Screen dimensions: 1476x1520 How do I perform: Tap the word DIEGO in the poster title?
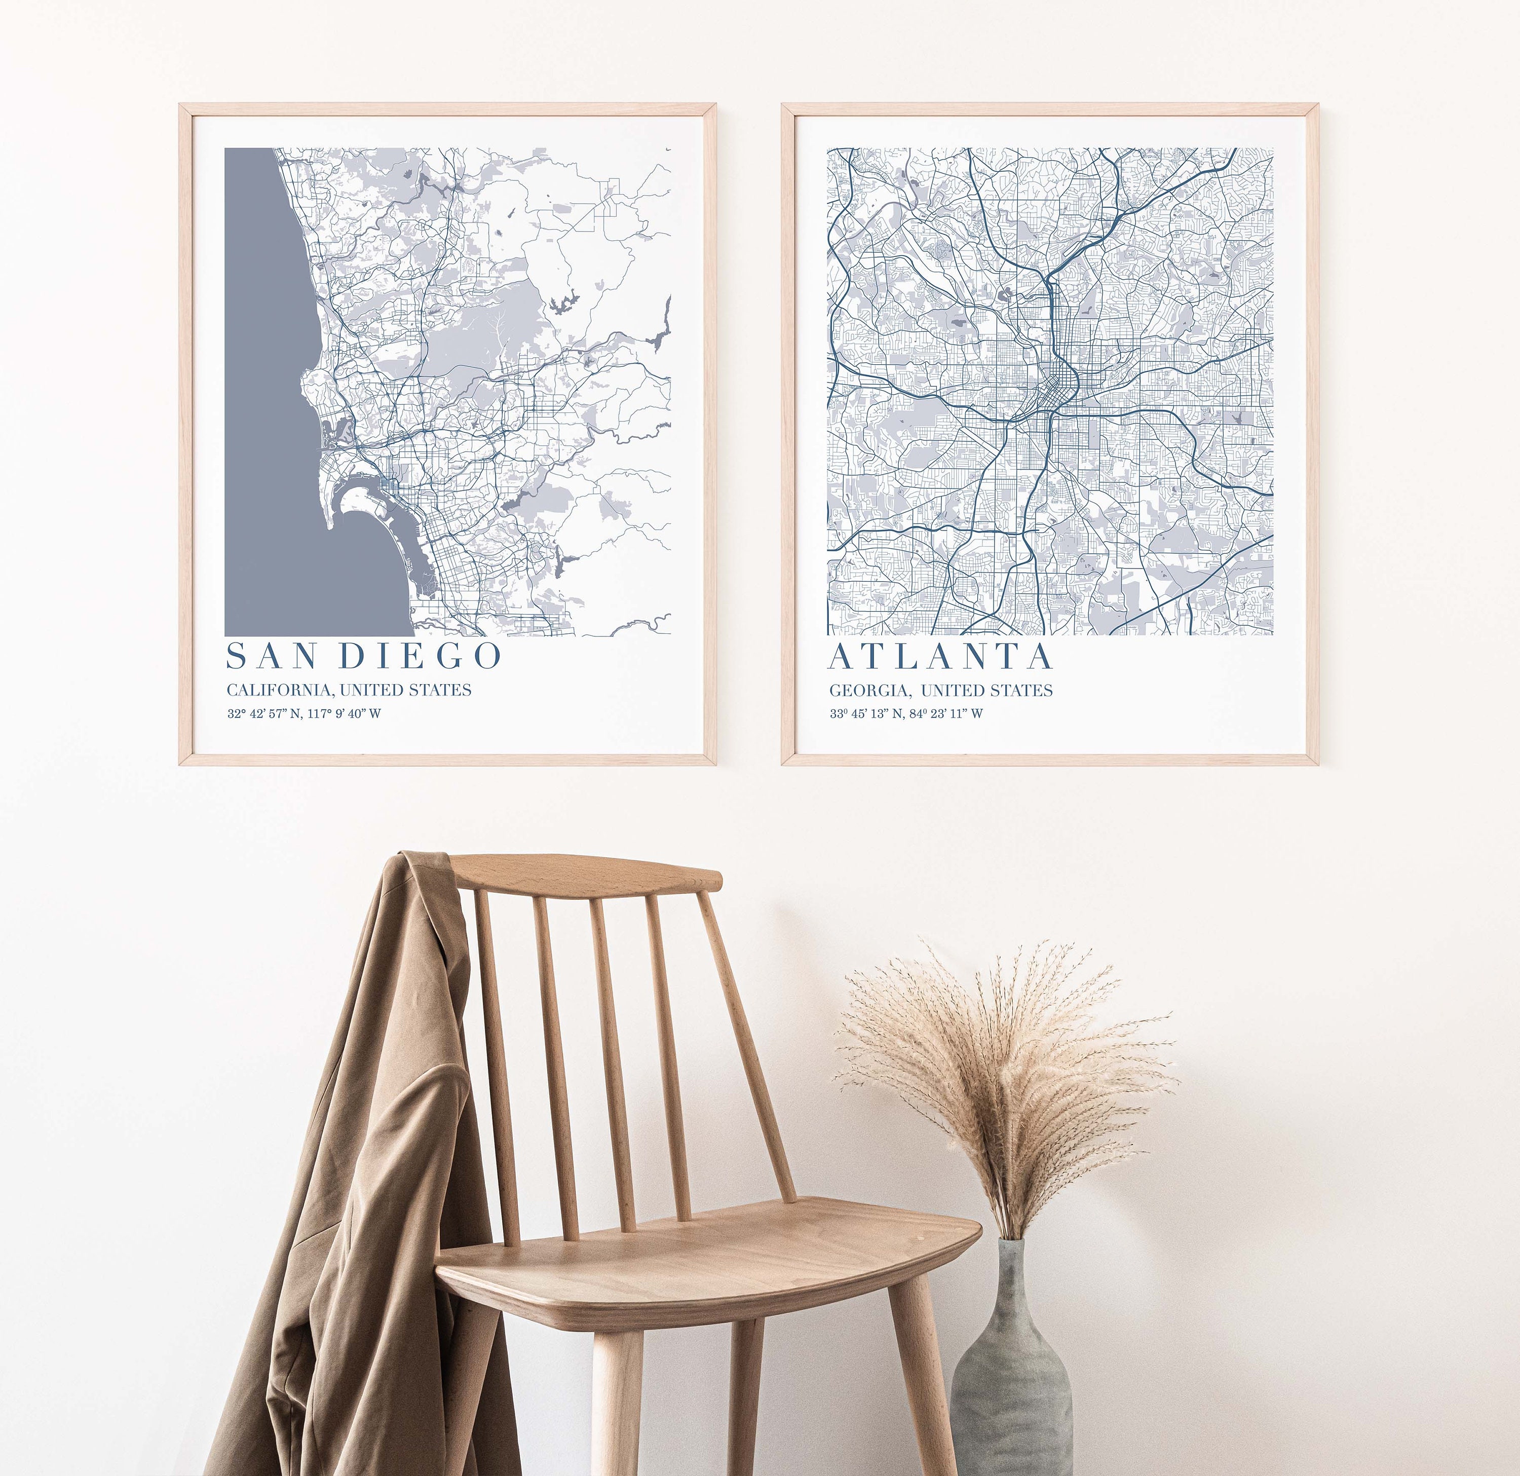tap(422, 656)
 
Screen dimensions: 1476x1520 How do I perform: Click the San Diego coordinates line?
tap(304, 713)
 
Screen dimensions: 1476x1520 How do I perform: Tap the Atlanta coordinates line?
tap(906, 713)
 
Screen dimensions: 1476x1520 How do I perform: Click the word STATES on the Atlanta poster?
tap(1023, 690)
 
